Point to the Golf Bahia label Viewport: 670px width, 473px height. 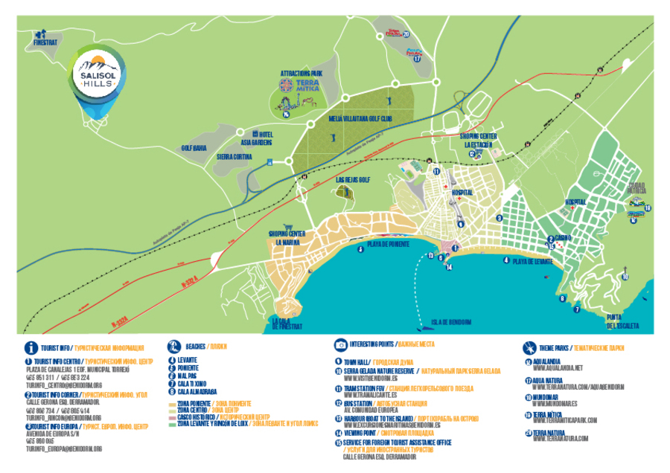(x=194, y=148)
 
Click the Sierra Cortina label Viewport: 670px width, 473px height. (x=234, y=157)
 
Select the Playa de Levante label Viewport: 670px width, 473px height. (x=532, y=261)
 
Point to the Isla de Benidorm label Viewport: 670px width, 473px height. (x=451, y=322)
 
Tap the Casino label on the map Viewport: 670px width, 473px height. (x=563, y=237)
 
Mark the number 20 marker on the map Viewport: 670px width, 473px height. (x=406, y=34)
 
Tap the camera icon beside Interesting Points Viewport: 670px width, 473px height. (x=339, y=346)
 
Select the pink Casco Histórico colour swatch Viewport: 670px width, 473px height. (x=172, y=417)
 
